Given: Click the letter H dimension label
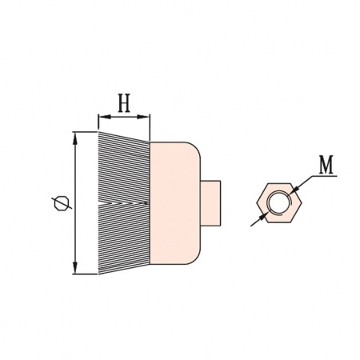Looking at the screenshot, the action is tap(124, 103).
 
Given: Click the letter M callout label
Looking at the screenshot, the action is tap(326, 165).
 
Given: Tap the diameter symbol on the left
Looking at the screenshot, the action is tap(62, 203).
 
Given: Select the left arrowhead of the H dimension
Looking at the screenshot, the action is tap(104, 117).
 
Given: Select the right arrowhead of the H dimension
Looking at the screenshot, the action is tap(143, 117).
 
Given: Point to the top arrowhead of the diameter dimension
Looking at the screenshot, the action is tap(76, 138).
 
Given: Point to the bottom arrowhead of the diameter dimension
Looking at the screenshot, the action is tap(76, 267).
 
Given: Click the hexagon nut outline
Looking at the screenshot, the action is tap(257, 202).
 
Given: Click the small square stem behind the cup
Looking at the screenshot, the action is tap(210, 203).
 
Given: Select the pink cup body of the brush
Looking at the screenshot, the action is tap(174, 203).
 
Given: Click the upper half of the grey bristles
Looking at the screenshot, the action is tap(124, 167).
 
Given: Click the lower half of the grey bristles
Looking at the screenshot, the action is tap(124, 238).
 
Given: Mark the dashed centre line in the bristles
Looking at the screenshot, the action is tap(123, 203).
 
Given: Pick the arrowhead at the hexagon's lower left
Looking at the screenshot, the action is tap(264, 216).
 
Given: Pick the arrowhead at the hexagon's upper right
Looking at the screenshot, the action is tap(294, 190).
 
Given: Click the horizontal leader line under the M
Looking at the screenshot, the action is tap(325, 176).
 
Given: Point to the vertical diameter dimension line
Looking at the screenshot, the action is tap(76, 203).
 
